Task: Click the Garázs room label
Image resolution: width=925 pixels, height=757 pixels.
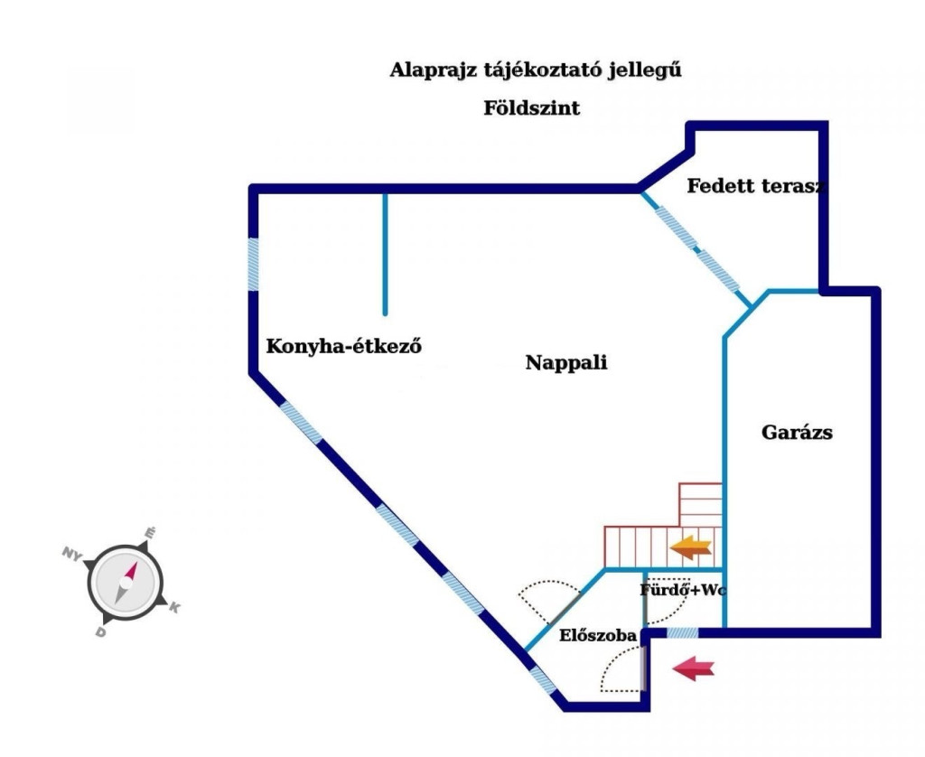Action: click(x=797, y=432)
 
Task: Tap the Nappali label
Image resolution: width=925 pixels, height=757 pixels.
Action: click(x=566, y=363)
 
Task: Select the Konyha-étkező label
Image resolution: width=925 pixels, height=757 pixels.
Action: click(x=344, y=346)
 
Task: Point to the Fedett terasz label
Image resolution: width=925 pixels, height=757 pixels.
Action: click(x=757, y=187)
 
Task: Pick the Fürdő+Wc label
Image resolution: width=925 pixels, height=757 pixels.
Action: click(x=683, y=591)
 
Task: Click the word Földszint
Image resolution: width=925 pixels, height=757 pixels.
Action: click(x=531, y=108)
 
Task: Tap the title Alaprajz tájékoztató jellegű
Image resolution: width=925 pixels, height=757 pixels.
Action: click(x=535, y=70)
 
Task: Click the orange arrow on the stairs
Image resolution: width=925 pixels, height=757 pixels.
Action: click(x=691, y=546)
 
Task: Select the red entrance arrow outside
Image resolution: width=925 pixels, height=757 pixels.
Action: click(x=695, y=668)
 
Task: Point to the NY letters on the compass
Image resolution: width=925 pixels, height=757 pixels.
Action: click(x=73, y=552)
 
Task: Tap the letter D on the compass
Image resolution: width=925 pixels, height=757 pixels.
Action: click(x=100, y=632)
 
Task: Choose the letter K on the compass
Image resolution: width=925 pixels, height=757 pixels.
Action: click(x=174, y=609)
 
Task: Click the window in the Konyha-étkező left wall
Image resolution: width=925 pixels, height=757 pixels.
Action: click(x=254, y=264)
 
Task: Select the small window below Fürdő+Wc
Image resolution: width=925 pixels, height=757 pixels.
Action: click(x=682, y=633)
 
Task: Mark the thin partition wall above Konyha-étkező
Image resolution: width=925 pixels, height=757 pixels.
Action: click(x=385, y=253)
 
